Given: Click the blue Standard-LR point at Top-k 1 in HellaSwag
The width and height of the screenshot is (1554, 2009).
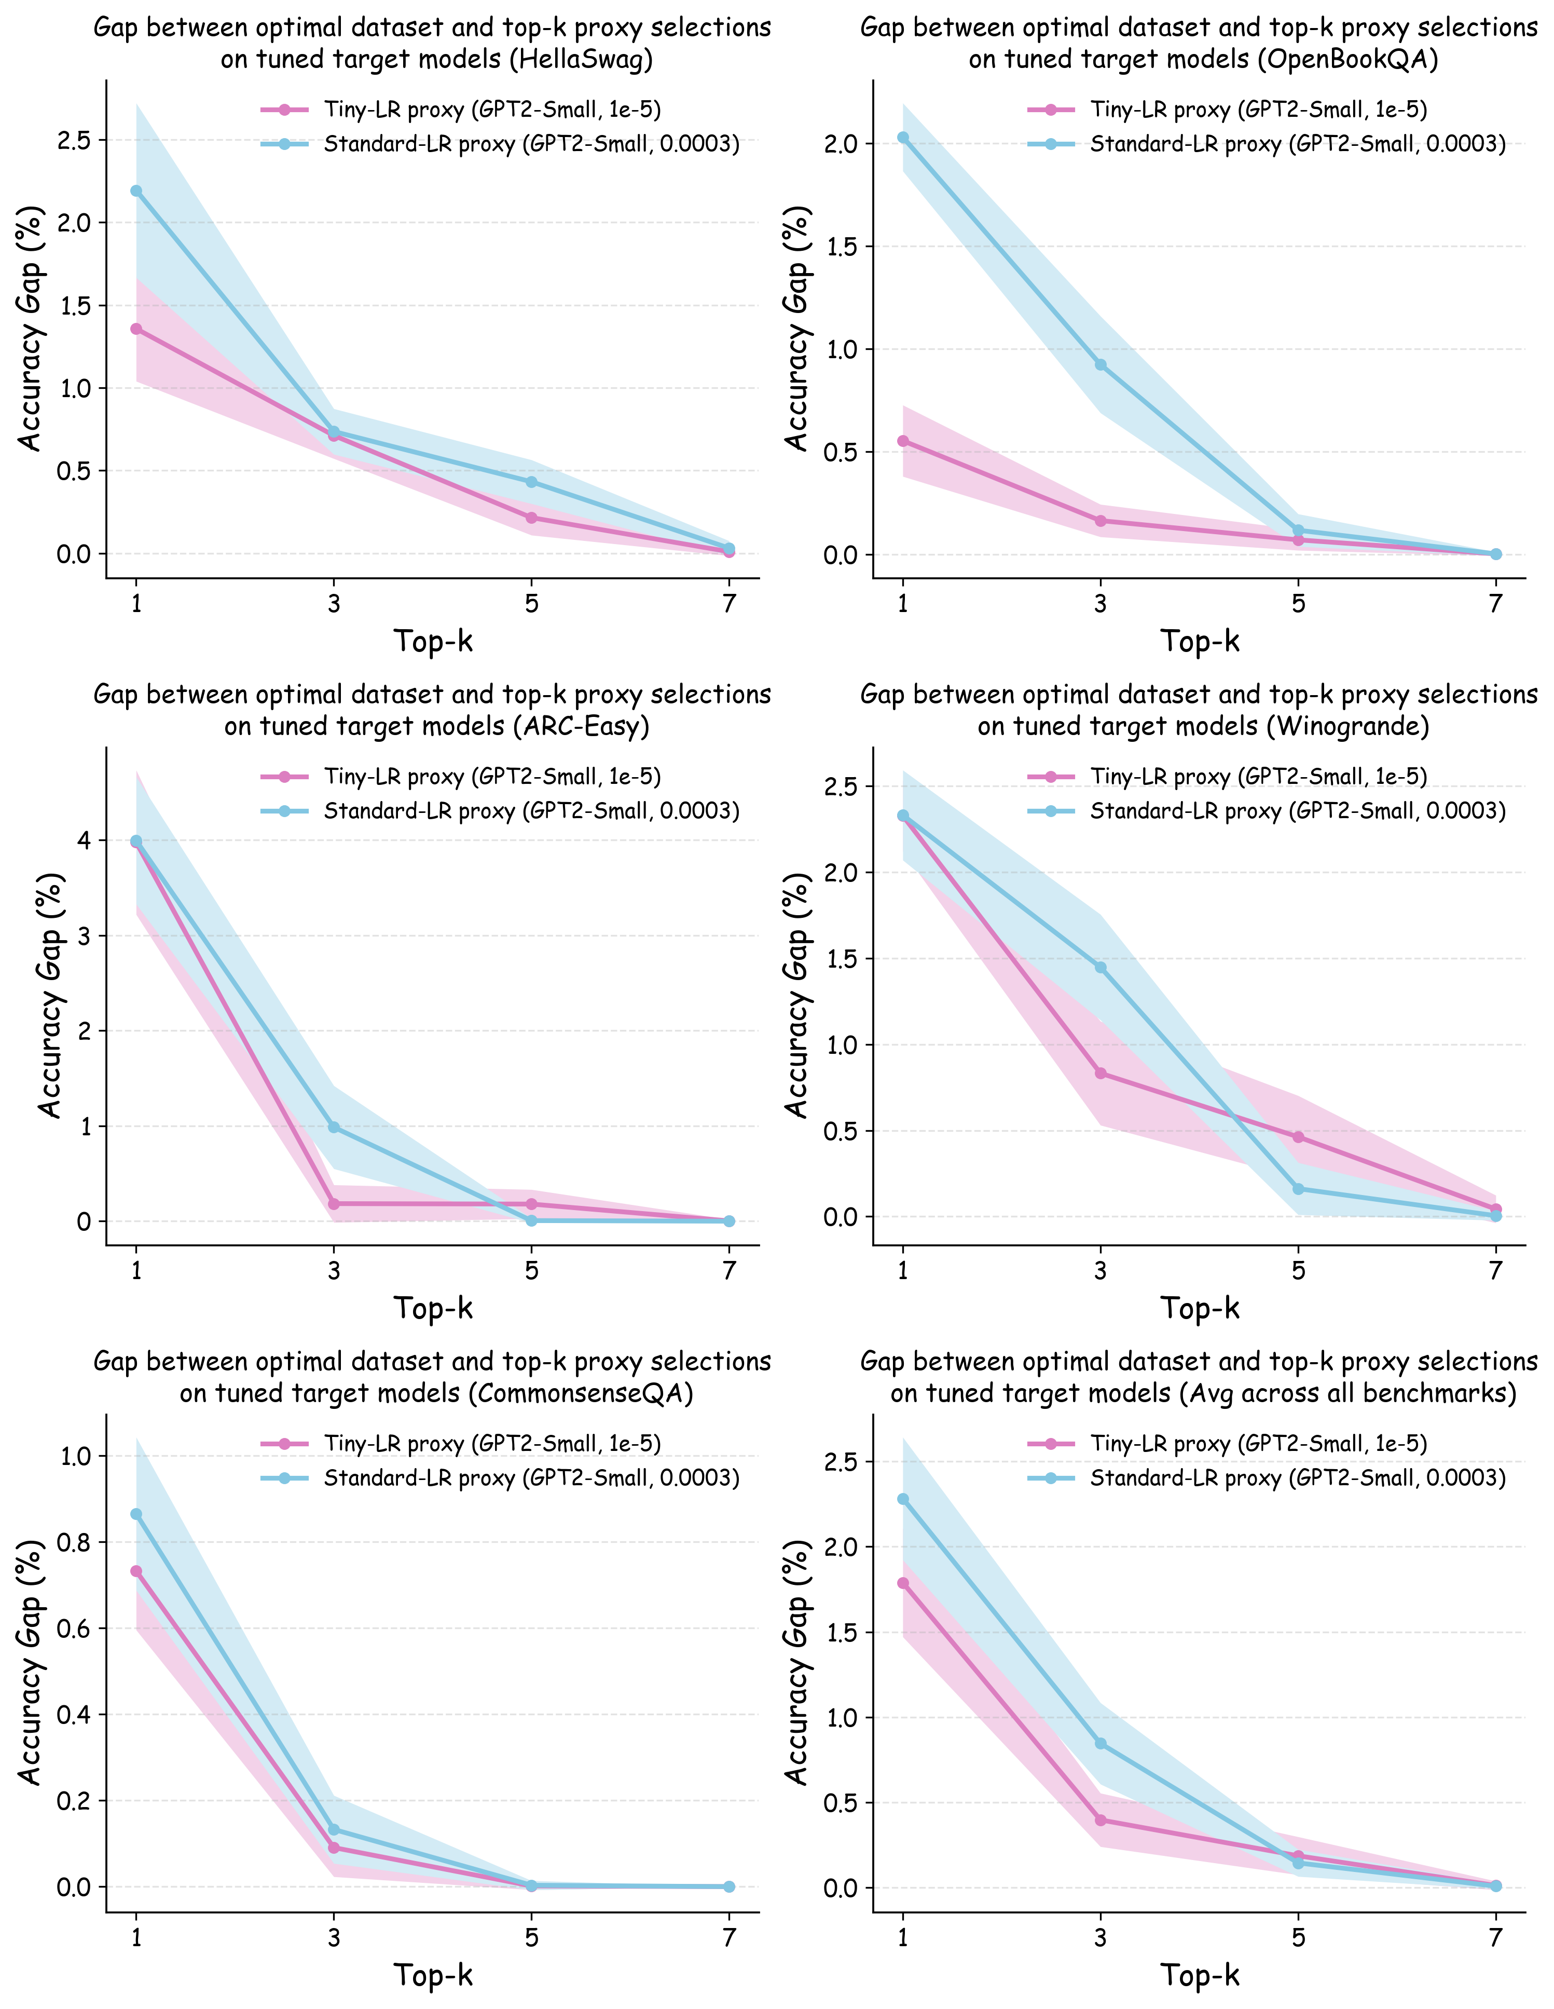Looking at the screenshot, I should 136,191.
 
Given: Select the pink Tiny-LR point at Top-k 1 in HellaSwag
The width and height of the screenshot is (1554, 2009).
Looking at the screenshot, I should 136,329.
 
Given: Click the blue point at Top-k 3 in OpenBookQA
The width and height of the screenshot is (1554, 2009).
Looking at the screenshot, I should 1101,365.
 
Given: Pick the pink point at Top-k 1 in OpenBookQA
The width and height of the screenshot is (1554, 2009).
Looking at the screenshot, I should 903,441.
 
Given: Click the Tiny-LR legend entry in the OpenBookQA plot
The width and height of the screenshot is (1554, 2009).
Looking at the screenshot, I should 1258,110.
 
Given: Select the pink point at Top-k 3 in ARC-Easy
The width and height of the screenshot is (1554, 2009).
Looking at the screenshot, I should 334,1203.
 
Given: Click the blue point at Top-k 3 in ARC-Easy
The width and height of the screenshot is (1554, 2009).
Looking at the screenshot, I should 334,1127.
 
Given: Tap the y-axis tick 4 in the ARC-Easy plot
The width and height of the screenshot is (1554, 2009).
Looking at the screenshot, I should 85,840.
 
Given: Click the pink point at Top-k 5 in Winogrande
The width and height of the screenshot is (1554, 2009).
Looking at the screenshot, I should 1298,1137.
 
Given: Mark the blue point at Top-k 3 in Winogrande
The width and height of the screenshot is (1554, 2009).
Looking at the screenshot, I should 1101,967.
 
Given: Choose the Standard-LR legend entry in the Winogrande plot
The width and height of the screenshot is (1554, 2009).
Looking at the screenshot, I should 1297,810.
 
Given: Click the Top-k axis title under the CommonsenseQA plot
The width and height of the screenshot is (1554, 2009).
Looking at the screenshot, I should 433,1975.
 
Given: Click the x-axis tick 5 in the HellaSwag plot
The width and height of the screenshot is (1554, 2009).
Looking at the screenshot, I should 531,603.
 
